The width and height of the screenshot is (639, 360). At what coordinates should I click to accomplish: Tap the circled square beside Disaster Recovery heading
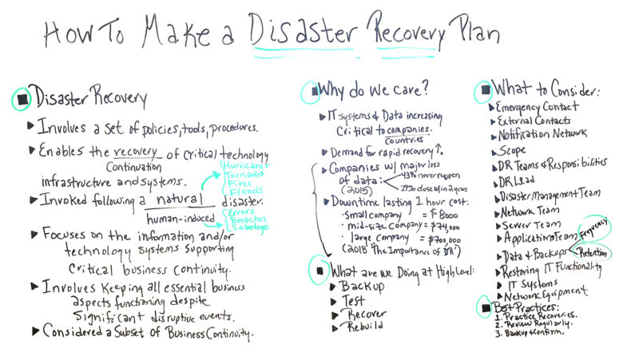pyautogui.click(x=22, y=99)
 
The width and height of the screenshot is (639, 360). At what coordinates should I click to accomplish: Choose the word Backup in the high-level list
pyautogui.click(x=361, y=286)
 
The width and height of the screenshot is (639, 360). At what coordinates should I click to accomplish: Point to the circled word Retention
pyautogui.click(x=593, y=250)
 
